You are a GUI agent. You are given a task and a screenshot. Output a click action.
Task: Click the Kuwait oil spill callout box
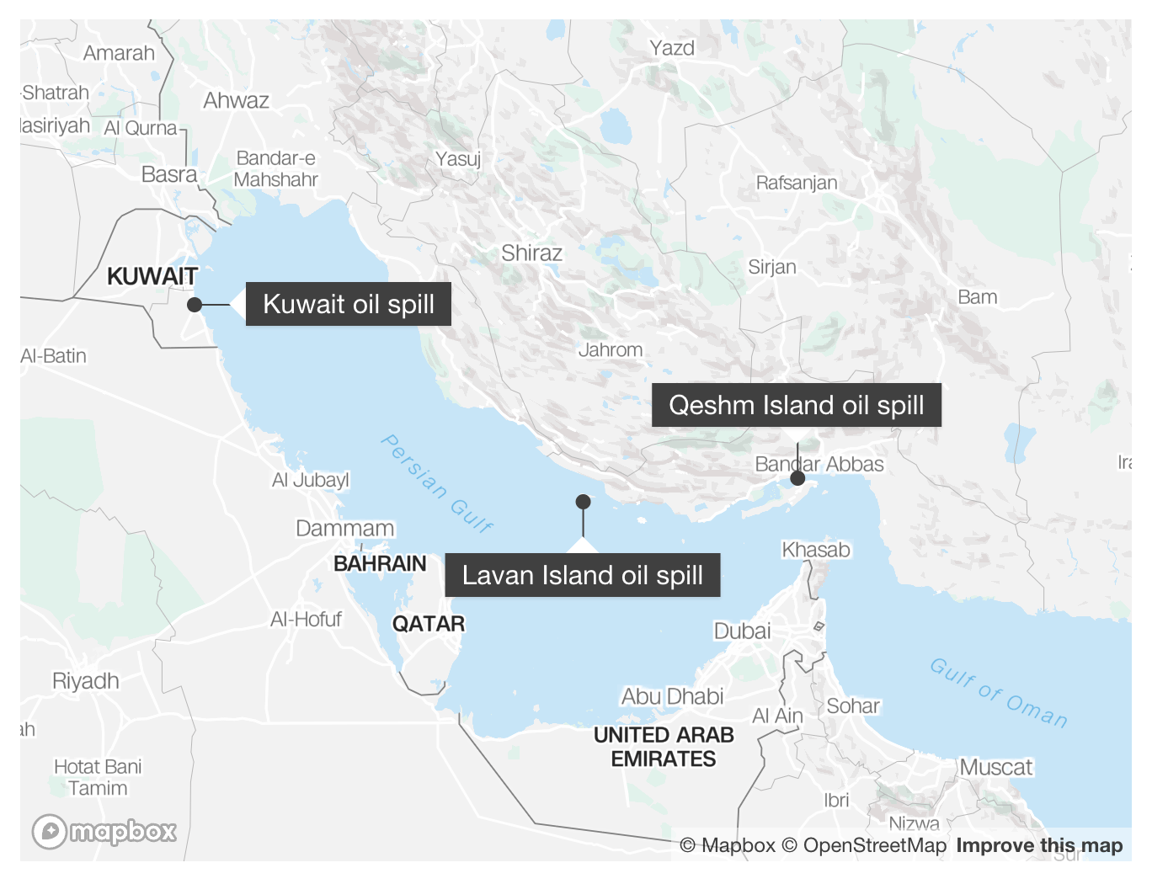coord(349,304)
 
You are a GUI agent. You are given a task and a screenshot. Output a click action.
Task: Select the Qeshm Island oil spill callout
coord(796,405)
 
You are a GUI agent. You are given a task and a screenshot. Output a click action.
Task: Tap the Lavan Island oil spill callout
coord(582,575)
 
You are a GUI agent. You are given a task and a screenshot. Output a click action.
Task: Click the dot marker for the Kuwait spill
coord(195,305)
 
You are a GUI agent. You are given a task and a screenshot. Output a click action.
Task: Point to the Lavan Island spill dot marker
coord(583,502)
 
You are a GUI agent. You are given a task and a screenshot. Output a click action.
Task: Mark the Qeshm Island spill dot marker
coord(797,478)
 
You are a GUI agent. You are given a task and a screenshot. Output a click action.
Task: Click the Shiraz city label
coord(531,253)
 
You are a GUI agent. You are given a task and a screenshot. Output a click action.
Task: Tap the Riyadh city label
coord(85,680)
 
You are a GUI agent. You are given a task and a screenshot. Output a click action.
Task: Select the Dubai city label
coord(742,631)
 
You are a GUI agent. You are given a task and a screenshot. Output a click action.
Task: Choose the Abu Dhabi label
coord(672,696)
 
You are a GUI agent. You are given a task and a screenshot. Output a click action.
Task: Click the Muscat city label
coord(995,767)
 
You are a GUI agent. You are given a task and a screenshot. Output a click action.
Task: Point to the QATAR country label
coord(428,624)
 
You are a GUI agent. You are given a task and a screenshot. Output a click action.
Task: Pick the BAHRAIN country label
coord(380,563)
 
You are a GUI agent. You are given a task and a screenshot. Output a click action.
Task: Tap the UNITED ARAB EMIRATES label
coord(664,747)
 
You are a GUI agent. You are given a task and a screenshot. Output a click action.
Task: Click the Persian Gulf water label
coord(436,483)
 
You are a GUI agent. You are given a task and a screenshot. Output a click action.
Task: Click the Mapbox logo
coord(104,832)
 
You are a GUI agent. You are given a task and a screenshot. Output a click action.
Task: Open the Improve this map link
coord(1039,845)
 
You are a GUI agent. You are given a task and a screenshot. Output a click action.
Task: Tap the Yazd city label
coord(672,48)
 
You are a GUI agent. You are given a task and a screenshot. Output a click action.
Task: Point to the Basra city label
coord(169,174)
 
